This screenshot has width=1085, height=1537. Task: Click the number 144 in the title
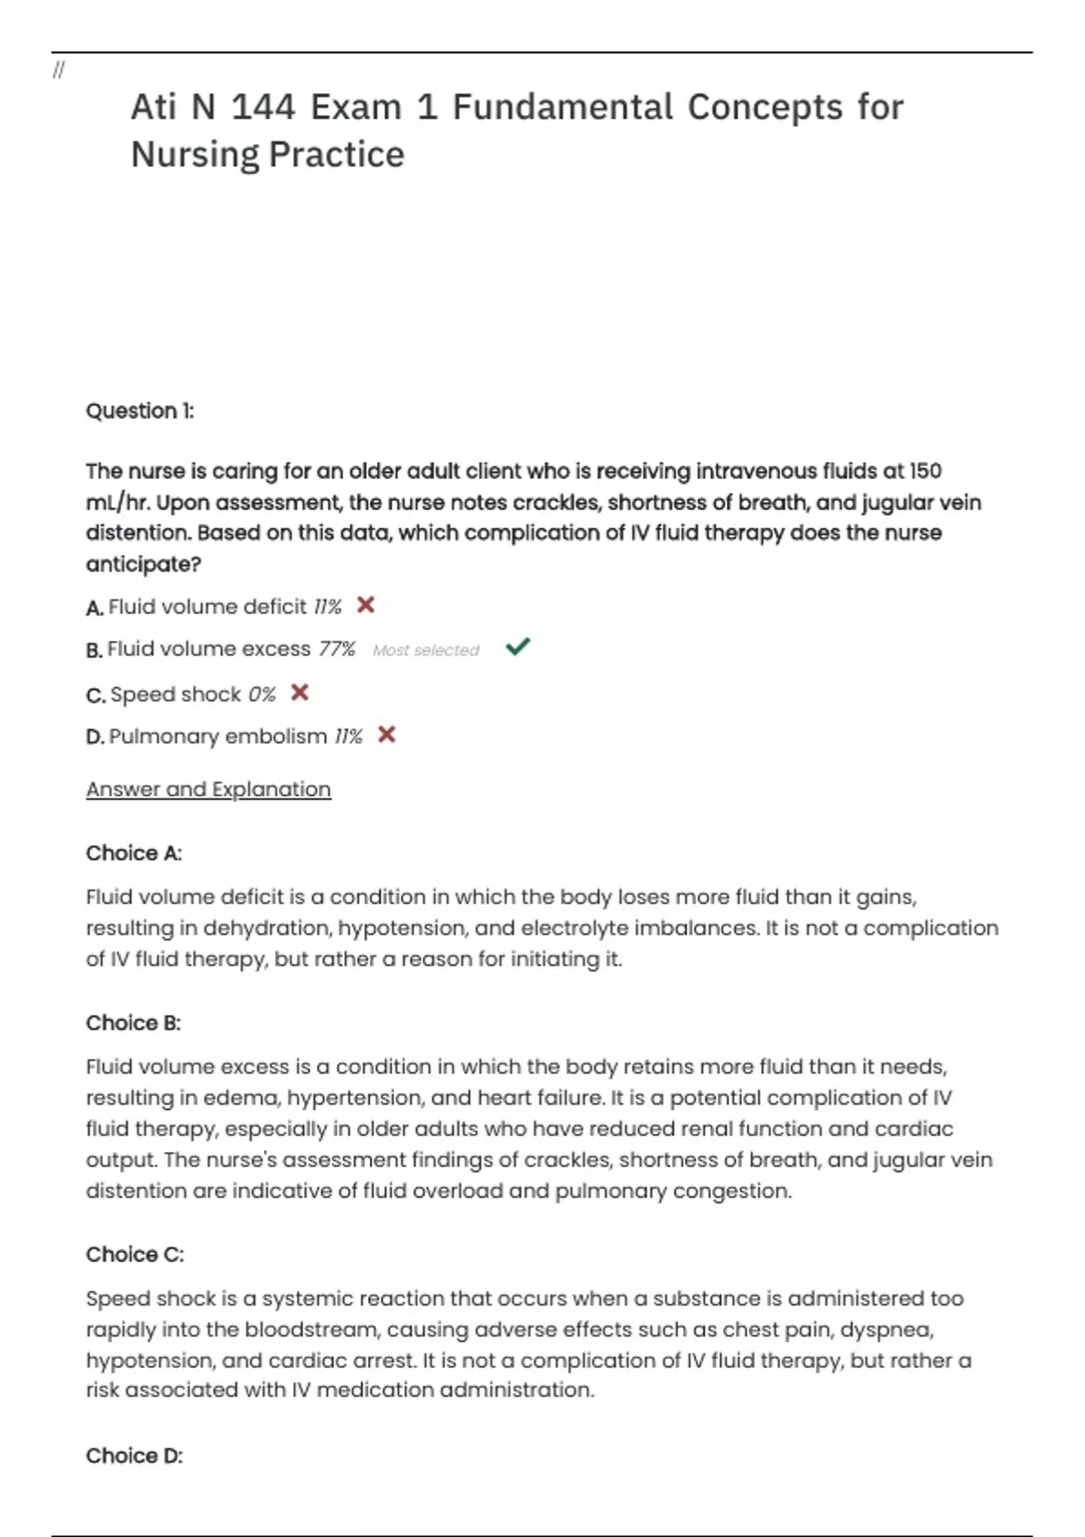tap(263, 108)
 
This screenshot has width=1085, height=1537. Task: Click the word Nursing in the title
tap(194, 155)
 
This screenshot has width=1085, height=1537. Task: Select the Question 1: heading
tap(139, 411)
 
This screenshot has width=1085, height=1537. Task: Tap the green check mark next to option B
tap(518, 646)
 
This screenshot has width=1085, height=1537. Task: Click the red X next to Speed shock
tap(300, 693)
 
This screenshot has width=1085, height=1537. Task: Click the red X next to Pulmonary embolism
tap(387, 734)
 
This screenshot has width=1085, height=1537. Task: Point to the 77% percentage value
tap(337, 649)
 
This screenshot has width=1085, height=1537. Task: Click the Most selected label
tap(426, 650)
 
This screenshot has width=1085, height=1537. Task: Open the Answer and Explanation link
tap(208, 789)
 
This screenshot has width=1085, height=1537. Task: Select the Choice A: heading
tap(134, 853)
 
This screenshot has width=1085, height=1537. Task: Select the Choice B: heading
tap(133, 1023)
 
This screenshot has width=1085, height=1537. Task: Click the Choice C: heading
tap(135, 1255)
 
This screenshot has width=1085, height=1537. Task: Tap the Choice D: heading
tap(134, 1456)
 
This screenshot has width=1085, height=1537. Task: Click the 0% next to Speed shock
tap(261, 694)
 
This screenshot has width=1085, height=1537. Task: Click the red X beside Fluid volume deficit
tap(365, 605)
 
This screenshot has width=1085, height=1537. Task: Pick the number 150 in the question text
tap(925, 471)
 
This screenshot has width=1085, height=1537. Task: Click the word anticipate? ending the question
tap(143, 564)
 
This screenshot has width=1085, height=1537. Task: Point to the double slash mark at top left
tap(59, 70)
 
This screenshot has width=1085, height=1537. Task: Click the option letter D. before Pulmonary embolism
tap(95, 737)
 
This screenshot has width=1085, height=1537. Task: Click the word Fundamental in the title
tap(562, 108)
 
